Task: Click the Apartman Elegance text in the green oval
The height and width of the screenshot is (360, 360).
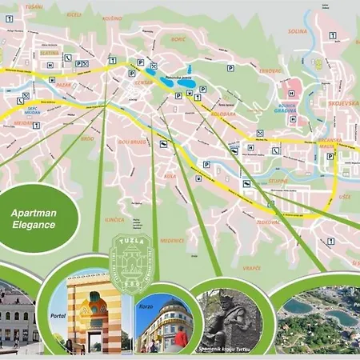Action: pyautogui.click(x=38, y=219)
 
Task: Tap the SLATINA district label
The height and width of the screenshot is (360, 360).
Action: pyautogui.click(x=39, y=54)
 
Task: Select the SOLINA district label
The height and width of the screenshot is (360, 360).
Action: pyautogui.click(x=297, y=32)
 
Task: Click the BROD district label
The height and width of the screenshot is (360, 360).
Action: pyautogui.click(x=86, y=138)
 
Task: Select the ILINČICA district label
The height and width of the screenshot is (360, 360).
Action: pyautogui.click(x=114, y=219)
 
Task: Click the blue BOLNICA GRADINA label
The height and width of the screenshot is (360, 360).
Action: pyautogui.click(x=285, y=108)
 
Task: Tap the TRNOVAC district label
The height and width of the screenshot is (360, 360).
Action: pyautogui.click(x=270, y=70)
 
